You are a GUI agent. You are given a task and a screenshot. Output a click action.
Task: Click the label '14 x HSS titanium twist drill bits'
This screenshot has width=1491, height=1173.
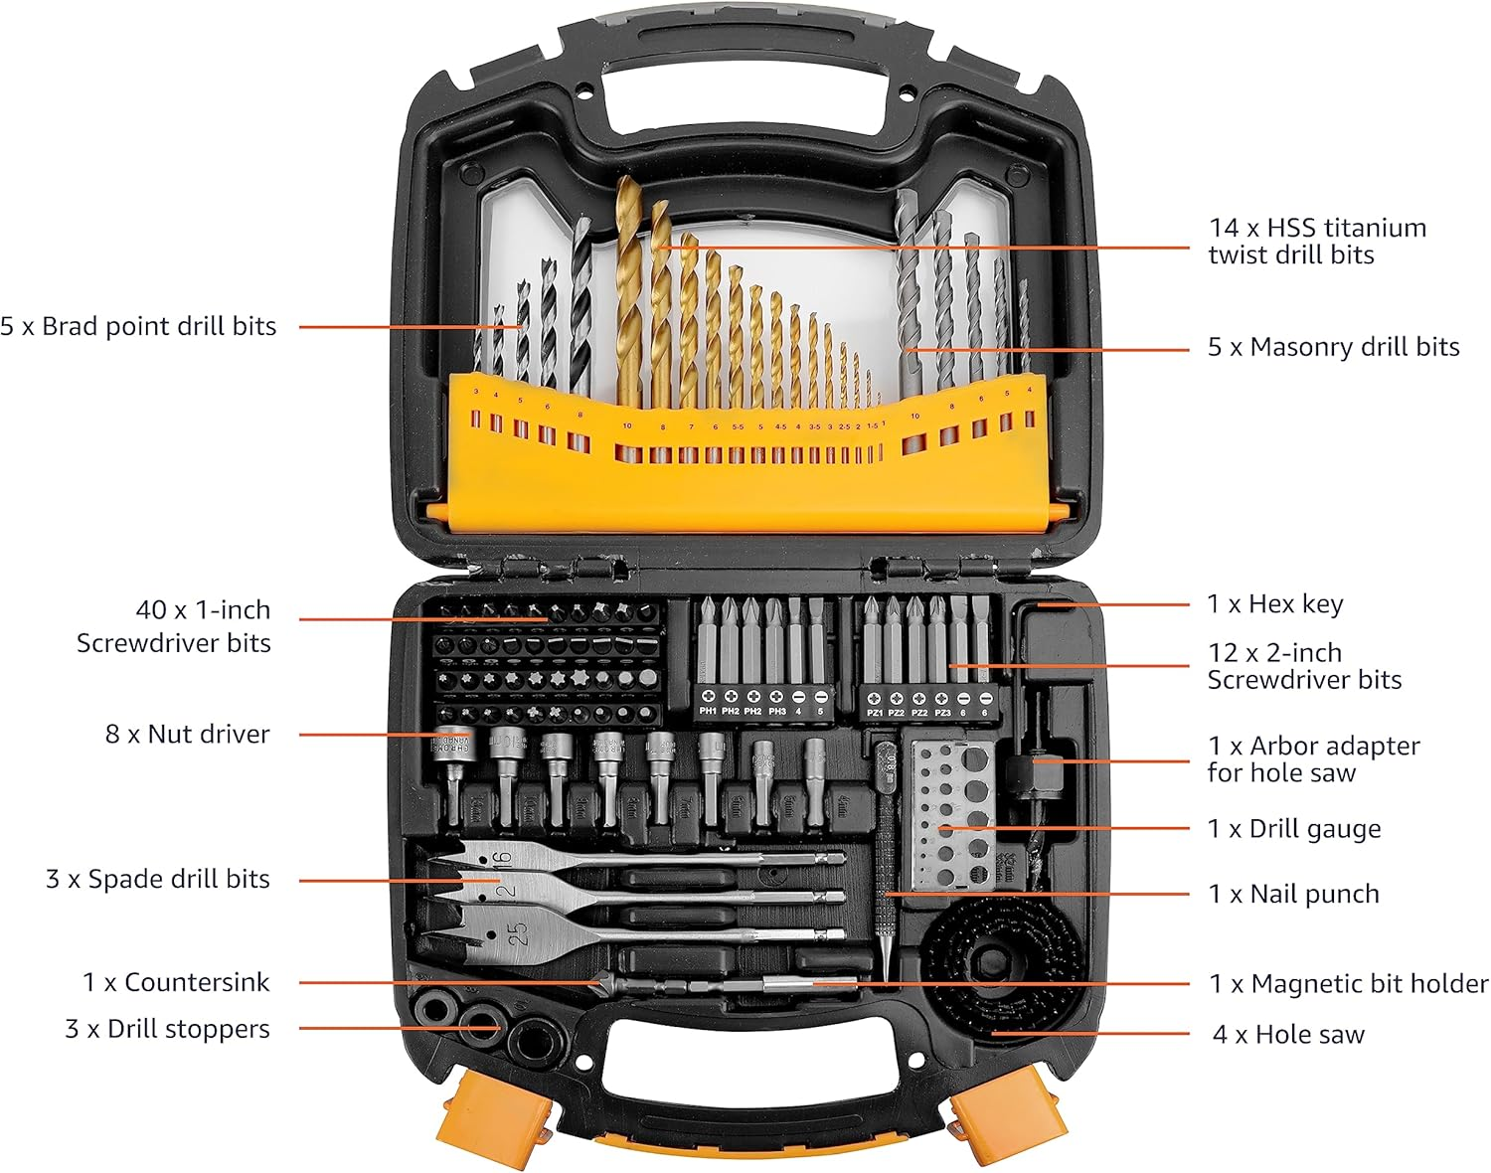pos(1317,242)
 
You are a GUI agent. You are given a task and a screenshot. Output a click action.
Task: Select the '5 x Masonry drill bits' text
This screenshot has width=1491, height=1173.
pos(1333,347)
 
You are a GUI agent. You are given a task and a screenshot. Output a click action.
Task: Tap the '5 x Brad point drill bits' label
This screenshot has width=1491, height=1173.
pos(138,326)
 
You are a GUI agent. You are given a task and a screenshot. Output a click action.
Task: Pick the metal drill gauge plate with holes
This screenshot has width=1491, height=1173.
pos(952,813)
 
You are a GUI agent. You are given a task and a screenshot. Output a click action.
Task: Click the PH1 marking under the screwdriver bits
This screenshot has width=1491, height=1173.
pos(708,712)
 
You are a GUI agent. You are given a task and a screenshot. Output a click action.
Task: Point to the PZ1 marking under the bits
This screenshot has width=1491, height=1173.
pos(875,713)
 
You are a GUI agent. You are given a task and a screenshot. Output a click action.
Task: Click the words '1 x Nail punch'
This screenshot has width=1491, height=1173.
pos(1293,894)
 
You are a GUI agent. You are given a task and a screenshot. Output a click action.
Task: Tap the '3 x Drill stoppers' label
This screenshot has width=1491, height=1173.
pos(167,1029)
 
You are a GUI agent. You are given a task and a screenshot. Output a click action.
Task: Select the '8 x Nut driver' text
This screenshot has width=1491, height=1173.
pos(187,735)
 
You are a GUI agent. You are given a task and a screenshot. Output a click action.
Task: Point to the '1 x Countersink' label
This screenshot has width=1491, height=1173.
pos(176,982)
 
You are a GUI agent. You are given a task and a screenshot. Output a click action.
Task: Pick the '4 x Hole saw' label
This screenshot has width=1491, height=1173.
pos(1288,1035)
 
